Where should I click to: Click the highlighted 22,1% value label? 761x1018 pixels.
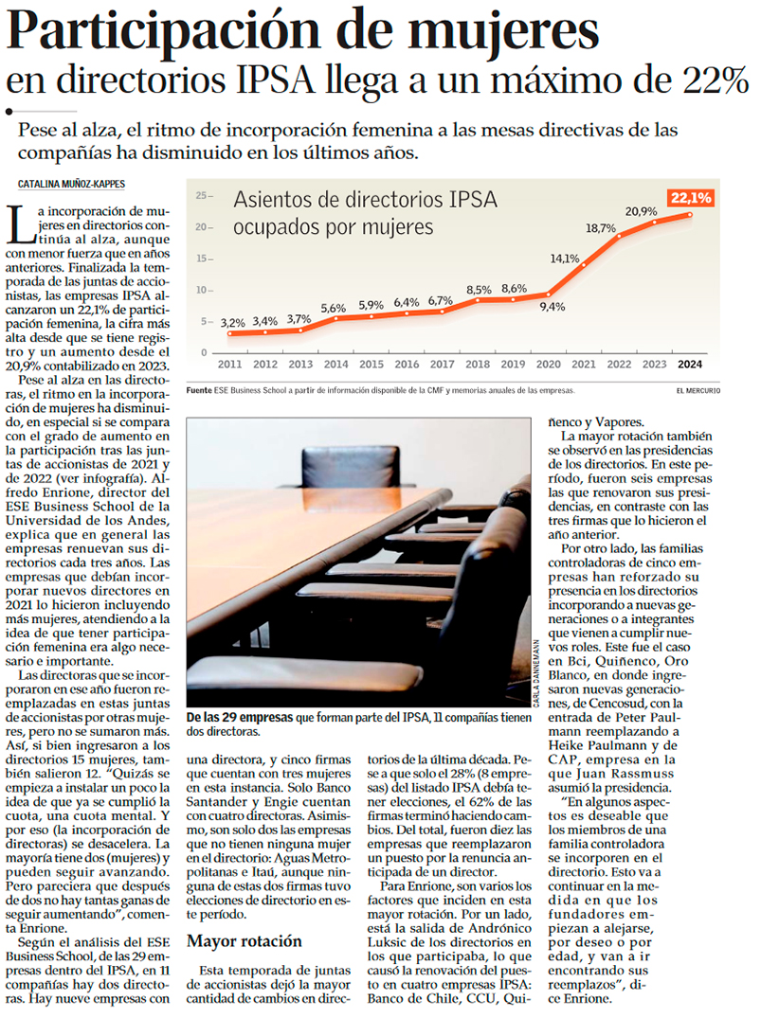point(691,198)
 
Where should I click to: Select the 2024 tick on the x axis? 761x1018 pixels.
point(691,364)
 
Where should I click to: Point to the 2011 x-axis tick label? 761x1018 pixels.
point(229,364)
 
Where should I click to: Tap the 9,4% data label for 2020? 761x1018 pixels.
point(553,306)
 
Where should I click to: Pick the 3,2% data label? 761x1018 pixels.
point(232,323)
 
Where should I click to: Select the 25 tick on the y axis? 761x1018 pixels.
point(201,196)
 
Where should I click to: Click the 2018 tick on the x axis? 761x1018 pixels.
point(479,364)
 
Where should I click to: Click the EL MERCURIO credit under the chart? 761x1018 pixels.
point(698,390)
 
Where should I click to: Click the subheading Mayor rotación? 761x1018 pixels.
point(244,941)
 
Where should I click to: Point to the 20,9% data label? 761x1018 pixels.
point(642,211)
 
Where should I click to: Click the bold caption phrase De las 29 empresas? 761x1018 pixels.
point(240,718)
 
